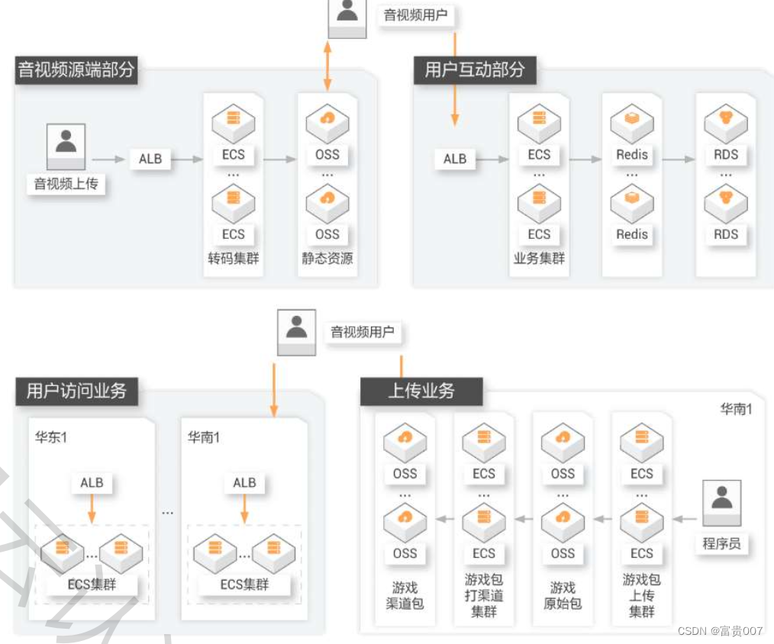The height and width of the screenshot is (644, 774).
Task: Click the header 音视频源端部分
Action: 76,70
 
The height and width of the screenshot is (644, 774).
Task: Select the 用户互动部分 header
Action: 475,70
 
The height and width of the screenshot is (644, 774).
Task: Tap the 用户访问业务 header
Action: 76,391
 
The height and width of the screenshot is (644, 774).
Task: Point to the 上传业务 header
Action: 421,391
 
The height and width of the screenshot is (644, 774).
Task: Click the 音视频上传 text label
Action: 66,183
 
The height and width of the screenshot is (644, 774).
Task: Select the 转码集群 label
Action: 234,258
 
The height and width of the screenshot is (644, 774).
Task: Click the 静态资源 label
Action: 327,258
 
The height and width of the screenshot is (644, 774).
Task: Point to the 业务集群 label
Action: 539,258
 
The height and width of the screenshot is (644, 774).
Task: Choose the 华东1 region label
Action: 52,438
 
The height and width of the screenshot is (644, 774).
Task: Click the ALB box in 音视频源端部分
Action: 150,159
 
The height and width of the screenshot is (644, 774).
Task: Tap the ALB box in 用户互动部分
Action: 455,159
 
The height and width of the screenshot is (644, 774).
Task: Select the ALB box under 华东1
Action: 92,483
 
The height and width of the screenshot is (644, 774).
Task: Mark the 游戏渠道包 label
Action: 405,596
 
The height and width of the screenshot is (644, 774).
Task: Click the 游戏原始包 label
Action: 563,596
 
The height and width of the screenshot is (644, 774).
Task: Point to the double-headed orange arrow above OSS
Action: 327,67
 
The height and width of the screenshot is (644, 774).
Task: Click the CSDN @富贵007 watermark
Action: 720,631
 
